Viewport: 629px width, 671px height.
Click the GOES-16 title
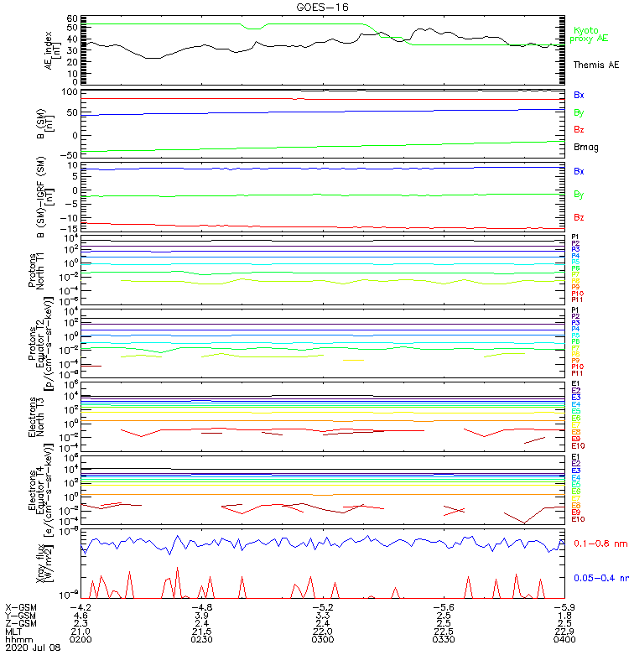tap(317, 7)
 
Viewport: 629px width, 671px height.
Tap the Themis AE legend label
tap(596, 65)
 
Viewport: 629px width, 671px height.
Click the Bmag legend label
tap(585, 148)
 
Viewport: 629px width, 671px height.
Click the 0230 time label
tap(201, 640)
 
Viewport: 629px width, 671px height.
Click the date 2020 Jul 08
tap(31, 648)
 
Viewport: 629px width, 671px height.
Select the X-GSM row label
tap(20, 606)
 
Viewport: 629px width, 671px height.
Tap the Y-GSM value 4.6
tap(81, 615)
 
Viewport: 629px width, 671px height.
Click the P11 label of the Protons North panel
tap(577, 299)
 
